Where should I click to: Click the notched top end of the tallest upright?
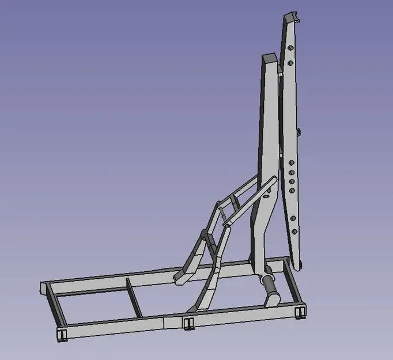pos(291,17)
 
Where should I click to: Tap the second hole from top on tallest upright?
pos(290,63)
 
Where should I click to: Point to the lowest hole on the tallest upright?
pos(294,232)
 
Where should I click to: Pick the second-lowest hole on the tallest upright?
pos(294,217)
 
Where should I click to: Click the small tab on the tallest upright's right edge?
pos(300,132)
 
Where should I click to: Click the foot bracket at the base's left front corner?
pos(62,335)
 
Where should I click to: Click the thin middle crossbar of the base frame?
pos(133,297)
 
